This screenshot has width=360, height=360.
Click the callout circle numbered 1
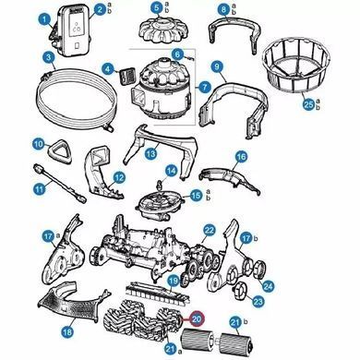[x=45, y=20]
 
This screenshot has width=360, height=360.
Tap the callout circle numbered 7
[x=205, y=88]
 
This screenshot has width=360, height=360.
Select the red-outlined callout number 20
[x=197, y=319]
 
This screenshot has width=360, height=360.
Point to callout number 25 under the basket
[x=308, y=104]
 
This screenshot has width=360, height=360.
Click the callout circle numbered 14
[x=172, y=172]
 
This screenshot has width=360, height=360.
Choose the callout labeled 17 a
[x=49, y=237]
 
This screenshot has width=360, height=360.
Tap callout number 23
[x=258, y=301]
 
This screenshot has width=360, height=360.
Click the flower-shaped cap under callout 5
[x=163, y=28]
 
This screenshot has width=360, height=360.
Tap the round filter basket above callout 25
[x=295, y=66]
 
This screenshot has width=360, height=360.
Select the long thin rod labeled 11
[x=60, y=183]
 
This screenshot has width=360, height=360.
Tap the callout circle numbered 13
[x=150, y=153]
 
